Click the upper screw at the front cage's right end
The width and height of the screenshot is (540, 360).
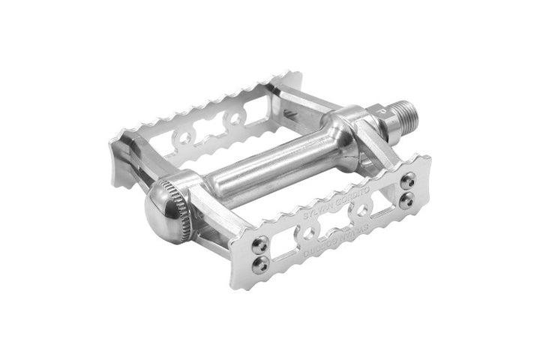point(406,181)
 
